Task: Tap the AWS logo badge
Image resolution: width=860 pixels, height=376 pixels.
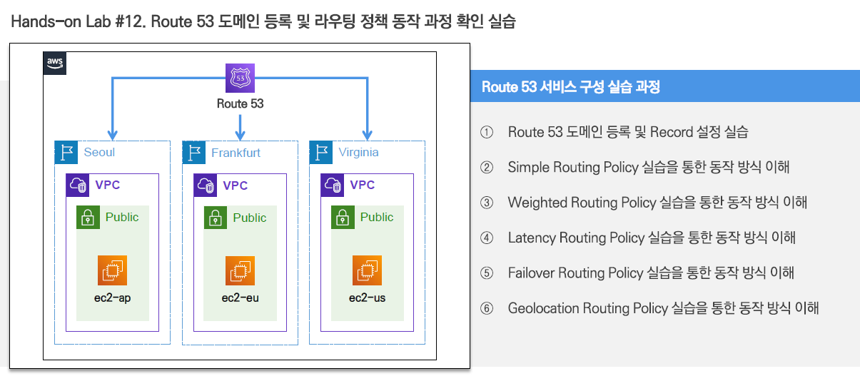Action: click(55, 63)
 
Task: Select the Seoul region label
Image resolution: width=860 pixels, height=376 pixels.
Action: click(99, 152)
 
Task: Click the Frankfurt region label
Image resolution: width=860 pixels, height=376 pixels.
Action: click(236, 153)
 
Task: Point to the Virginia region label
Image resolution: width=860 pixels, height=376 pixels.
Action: click(359, 152)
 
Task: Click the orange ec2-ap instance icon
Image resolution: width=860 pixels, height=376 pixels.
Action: click(112, 270)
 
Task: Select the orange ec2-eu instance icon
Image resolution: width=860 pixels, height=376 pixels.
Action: click(240, 270)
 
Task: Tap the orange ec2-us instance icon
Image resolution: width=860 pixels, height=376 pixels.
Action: click(367, 270)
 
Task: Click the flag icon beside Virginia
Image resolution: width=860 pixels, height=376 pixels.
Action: click(322, 153)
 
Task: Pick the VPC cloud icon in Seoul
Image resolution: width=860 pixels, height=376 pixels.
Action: click(77, 186)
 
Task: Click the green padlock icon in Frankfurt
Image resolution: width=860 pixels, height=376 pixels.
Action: click(215, 218)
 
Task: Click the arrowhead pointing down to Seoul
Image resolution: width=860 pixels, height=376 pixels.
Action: click(112, 134)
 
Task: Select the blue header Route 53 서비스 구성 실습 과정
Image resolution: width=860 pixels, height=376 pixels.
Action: click(570, 88)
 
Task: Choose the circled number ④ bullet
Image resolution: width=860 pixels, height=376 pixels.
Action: click(487, 238)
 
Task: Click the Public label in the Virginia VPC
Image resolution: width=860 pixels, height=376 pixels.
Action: click(376, 217)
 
